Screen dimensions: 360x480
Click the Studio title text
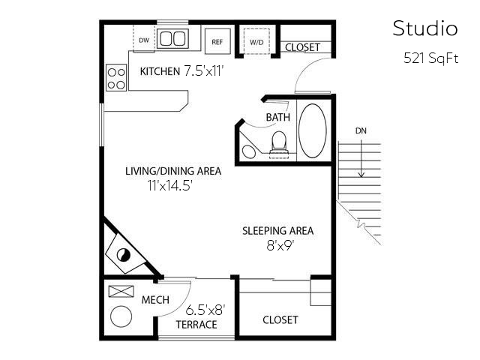pos(424,29)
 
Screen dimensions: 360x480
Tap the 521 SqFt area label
pos(430,59)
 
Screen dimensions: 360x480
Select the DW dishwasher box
pos(144,40)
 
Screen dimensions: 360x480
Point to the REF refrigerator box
pos(217,41)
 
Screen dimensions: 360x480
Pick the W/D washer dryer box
pos(256,41)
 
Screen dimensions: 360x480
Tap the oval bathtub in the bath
pos(313,130)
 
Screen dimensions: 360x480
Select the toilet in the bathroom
pos(279,142)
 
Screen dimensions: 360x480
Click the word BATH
pos(278,118)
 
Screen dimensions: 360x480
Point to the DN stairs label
pos(361,130)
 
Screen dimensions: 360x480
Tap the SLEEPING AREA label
pos(277,230)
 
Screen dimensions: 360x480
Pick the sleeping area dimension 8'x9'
pos(277,245)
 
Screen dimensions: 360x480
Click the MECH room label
pos(155,300)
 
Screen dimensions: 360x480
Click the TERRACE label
pos(196,325)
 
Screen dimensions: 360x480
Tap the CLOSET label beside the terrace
pos(280,319)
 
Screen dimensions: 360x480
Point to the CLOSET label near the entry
pos(302,47)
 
